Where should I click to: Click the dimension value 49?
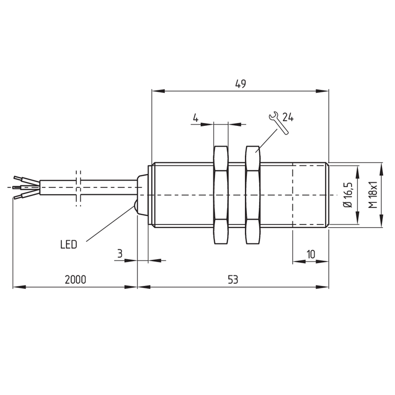240,84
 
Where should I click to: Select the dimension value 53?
233,279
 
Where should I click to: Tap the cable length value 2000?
76,279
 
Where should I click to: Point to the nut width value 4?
196,118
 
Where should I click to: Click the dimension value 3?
120,253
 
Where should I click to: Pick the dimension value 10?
311,254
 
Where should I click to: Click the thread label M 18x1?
373,195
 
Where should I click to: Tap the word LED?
69,244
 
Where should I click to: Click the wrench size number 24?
288,117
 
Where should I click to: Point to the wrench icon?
278,123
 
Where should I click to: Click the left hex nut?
221,195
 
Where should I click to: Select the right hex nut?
253,195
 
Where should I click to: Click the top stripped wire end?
18,178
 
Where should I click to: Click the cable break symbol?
79,189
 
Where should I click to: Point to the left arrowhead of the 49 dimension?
158,91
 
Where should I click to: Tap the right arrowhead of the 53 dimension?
322,287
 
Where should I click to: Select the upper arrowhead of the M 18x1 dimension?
382,169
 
